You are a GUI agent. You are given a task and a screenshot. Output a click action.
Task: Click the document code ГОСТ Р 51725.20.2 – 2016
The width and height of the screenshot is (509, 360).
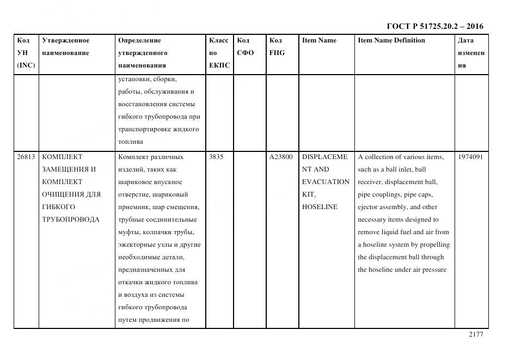tap(434, 26)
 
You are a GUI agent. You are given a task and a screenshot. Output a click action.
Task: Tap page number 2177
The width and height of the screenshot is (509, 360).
tap(475, 334)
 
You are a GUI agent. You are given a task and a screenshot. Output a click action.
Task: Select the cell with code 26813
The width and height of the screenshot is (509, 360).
tap(26, 157)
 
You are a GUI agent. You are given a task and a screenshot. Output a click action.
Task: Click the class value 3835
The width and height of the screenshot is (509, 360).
tap(216, 157)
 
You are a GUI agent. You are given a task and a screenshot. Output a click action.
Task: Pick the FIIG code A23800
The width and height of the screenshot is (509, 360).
tap(280, 157)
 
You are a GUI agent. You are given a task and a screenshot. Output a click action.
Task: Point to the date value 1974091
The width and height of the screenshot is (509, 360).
tap(471, 157)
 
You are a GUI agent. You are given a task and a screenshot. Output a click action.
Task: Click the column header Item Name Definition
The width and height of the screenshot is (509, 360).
tap(391, 40)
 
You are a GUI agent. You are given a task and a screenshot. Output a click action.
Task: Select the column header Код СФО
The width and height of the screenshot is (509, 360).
tap(246, 47)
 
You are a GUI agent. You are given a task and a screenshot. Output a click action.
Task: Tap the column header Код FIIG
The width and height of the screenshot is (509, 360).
tap(277, 47)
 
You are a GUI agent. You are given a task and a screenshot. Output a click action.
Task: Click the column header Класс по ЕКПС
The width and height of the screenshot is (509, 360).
tap(219, 53)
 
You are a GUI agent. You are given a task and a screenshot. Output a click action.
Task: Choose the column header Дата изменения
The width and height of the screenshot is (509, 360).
tap(471, 53)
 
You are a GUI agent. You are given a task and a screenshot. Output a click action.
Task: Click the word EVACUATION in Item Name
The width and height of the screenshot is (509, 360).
tap(326, 182)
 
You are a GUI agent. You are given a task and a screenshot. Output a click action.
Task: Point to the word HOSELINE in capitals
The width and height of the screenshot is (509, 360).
tap(320, 207)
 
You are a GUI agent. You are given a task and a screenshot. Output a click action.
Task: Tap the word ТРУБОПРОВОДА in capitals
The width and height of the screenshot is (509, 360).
tap(70, 219)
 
